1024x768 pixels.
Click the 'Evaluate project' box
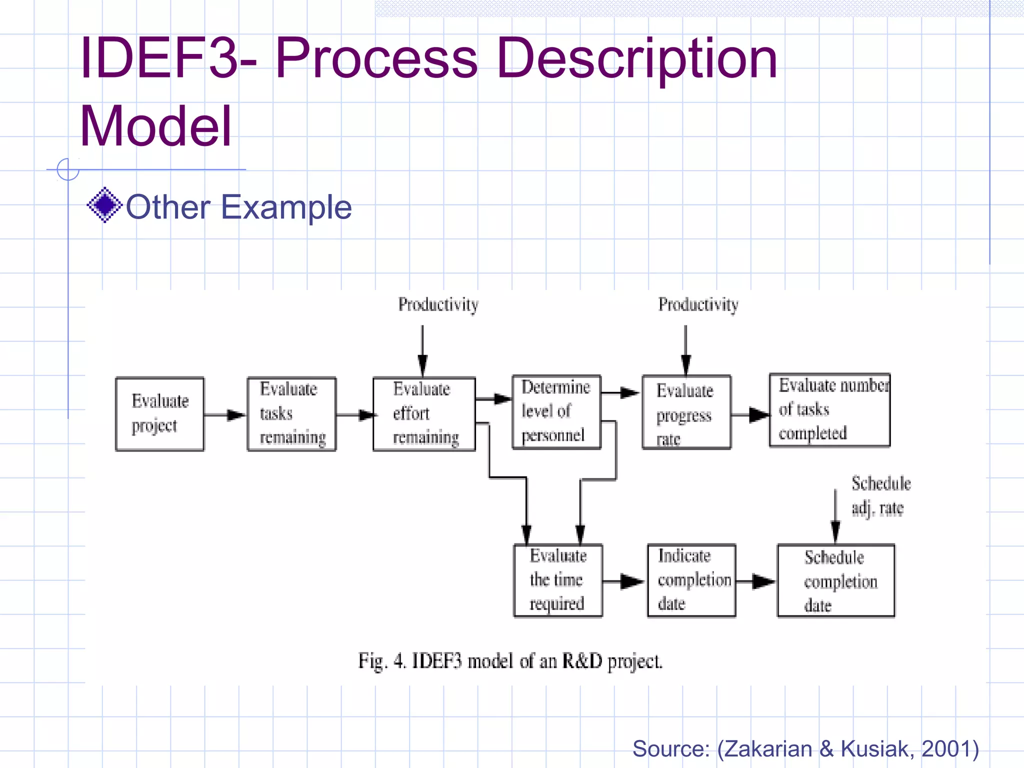coord(159,414)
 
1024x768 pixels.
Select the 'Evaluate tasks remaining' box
coord(291,414)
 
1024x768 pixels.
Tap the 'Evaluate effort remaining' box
coord(424,414)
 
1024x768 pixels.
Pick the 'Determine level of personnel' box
coord(556,412)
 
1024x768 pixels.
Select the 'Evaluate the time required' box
coord(558,580)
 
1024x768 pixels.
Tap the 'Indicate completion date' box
coord(691,580)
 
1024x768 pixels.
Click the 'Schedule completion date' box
coord(835,580)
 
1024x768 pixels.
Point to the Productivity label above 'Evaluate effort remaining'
coord(438,304)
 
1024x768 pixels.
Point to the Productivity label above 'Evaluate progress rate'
coord(698,304)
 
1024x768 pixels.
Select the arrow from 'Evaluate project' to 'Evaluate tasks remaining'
coord(225,415)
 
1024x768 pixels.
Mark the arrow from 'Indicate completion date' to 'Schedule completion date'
coord(756,581)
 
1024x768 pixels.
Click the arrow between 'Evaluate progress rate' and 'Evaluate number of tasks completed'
coord(750,415)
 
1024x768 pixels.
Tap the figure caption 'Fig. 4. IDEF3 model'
coord(510,661)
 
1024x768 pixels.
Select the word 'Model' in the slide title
coord(156,125)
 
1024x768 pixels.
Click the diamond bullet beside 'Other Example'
coord(104,205)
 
